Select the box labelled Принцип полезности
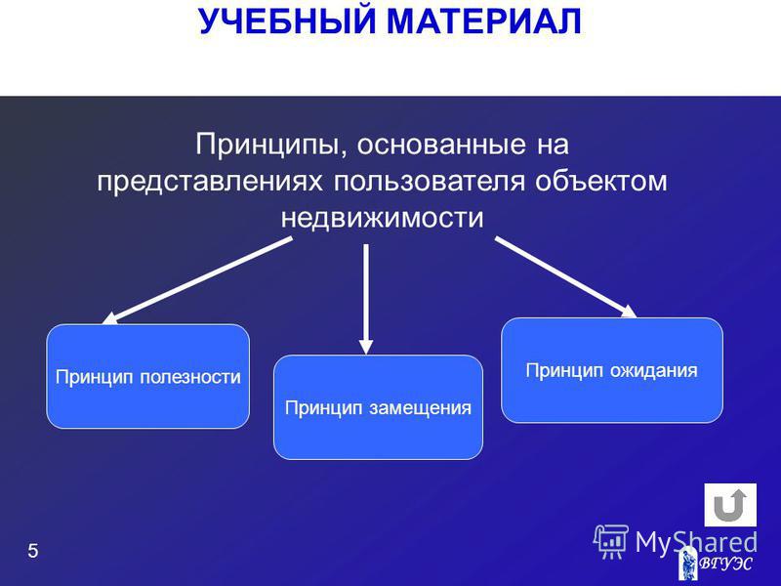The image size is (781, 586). [148, 376]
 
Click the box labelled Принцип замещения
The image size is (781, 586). [378, 407]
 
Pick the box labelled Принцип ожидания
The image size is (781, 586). [612, 370]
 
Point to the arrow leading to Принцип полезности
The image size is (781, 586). [197, 281]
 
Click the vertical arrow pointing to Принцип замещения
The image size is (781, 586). [366, 299]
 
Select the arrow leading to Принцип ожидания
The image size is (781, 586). [566, 277]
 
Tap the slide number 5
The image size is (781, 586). [33, 551]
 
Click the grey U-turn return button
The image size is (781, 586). [730, 505]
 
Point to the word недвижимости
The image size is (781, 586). [382, 218]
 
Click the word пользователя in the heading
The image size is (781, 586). [429, 181]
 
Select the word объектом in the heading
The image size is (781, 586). [601, 181]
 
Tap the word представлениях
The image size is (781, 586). [210, 182]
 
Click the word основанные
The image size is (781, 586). [441, 145]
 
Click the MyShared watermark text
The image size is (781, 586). [696, 542]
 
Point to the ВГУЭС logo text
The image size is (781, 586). [725, 564]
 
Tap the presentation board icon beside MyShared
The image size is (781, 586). [611, 542]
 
